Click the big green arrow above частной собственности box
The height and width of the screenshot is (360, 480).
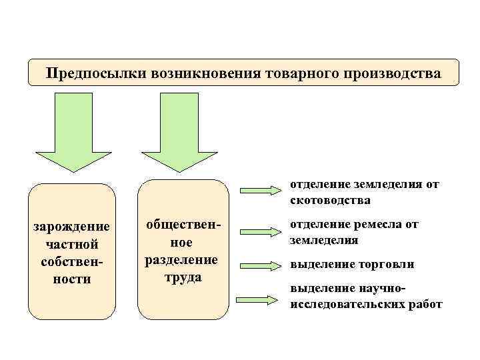coord(73,133)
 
